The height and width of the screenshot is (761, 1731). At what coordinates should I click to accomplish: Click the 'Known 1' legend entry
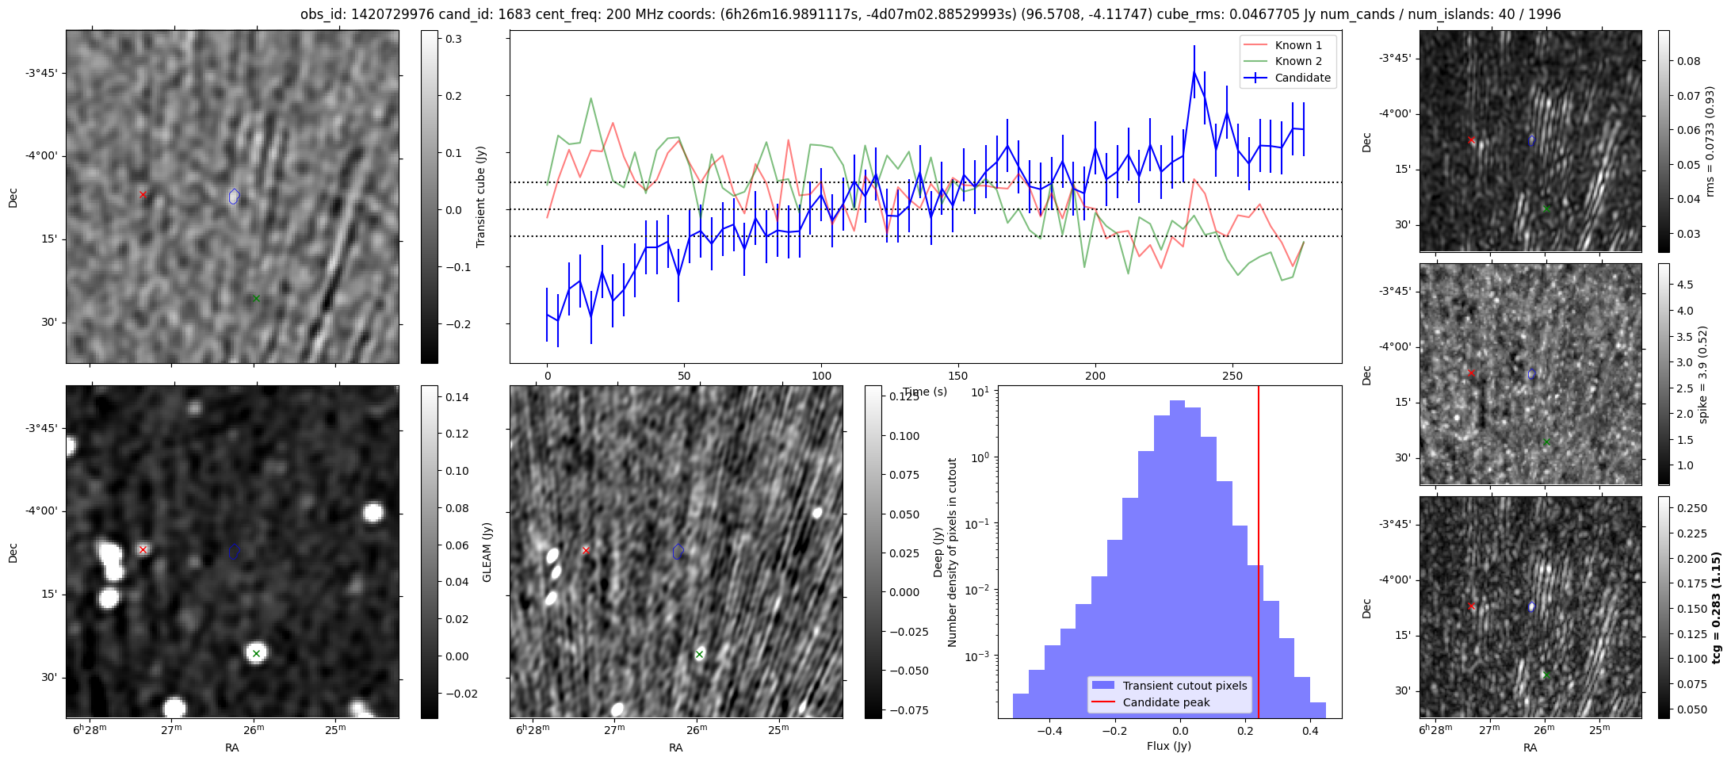click(1298, 45)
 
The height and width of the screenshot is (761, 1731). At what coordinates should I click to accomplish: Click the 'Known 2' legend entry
click(1298, 61)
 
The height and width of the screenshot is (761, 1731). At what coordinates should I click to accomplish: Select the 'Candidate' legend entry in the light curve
click(1302, 78)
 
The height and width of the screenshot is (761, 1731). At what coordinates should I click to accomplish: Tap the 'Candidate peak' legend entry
click(1166, 702)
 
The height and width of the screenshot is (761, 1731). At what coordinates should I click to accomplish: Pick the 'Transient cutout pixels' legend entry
click(1184, 686)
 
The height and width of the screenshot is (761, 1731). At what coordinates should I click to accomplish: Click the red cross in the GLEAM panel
click(143, 549)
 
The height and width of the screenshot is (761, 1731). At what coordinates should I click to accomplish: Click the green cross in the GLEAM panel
click(256, 653)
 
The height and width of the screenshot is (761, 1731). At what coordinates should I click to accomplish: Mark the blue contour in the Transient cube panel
click(234, 196)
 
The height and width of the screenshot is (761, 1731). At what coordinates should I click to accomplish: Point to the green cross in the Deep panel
click(699, 654)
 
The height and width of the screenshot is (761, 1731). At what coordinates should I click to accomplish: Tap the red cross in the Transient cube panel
click(143, 194)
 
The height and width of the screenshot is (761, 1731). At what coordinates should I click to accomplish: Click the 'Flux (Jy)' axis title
click(1168, 746)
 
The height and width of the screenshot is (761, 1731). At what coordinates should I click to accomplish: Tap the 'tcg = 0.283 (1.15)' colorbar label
click(1716, 608)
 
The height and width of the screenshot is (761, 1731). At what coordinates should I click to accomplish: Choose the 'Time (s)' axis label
click(925, 392)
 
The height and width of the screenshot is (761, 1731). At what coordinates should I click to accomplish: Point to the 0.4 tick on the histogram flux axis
click(1310, 730)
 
